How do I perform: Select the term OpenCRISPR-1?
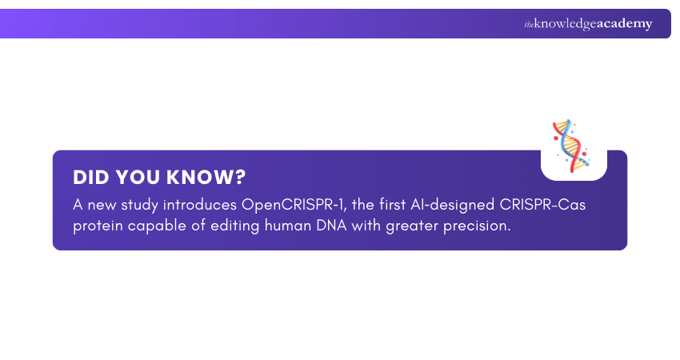point(291,205)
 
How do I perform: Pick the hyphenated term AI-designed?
point(447,205)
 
